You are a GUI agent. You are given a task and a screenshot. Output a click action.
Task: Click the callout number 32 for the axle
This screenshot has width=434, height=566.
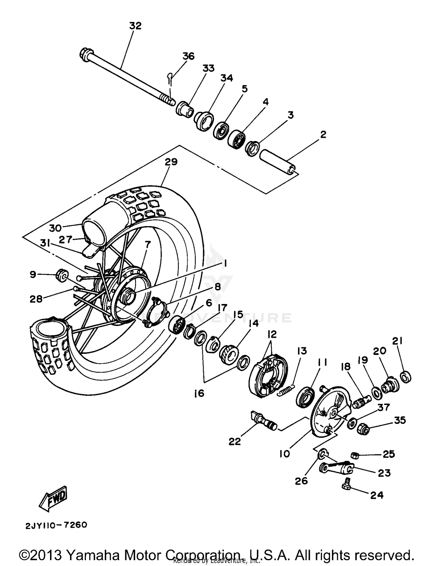coord(135,26)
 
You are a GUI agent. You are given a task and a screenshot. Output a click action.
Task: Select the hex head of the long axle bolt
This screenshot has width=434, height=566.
coord(86,55)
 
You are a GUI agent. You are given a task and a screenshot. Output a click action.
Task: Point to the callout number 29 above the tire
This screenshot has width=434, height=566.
coord(171,162)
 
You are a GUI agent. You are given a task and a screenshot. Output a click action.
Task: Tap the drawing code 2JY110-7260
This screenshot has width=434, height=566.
coord(56,525)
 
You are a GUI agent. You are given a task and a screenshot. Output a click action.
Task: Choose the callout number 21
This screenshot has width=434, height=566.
coord(397,341)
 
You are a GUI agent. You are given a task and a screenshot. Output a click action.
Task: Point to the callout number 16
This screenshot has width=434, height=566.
coord(199,393)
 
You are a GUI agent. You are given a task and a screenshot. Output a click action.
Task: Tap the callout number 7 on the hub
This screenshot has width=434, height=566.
coord(148,245)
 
